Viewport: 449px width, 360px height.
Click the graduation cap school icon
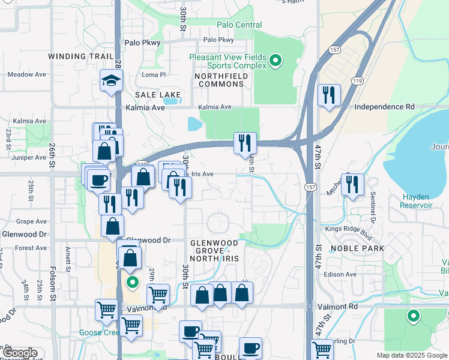(112, 81)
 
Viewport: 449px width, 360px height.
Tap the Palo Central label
(240, 25)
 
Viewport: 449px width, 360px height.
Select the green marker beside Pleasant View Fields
(276, 59)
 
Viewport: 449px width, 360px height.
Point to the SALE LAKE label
(158, 95)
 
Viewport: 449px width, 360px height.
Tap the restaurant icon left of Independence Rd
(329, 95)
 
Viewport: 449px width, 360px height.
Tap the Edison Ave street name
(340, 274)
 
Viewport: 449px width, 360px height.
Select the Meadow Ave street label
(27, 74)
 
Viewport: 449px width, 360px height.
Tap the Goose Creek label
(99, 332)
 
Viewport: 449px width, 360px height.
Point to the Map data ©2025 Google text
(412, 355)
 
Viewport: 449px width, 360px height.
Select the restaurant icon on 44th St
(245, 143)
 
